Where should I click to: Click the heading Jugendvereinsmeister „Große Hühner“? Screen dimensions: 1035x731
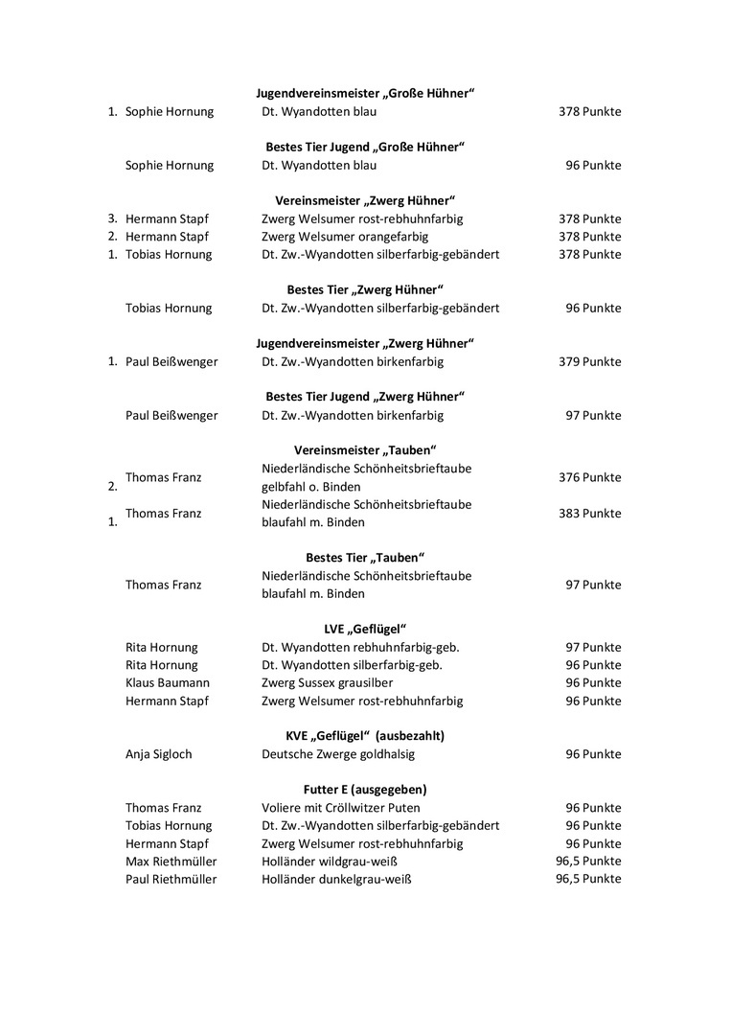pyautogui.click(x=365, y=93)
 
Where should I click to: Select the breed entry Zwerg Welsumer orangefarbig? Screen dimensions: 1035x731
pyautogui.click(x=345, y=237)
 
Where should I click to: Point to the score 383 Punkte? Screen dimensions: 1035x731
pyautogui.click(x=589, y=514)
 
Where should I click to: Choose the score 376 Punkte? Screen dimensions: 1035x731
pyautogui.click(x=589, y=477)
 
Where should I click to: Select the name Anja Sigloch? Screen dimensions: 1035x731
pyautogui.click(x=159, y=754)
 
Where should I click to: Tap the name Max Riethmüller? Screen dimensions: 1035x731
pyautogui.click(x=171, y=862)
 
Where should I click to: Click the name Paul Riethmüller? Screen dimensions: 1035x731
pyautogui.click(x=171, y=880)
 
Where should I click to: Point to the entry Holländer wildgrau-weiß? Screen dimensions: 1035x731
pyautogui.click(x=330, y=862)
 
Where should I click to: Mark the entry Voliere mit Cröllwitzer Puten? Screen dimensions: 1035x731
pyautogui.click(x=340, y=808)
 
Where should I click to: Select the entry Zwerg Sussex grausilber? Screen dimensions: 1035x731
pyautogui.click(x=335, y=683)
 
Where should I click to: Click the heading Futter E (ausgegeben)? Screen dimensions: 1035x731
pyautogui.click(x=365, y=790)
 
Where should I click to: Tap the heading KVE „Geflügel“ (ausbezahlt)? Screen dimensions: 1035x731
pyautogui.click(x=365, y=736)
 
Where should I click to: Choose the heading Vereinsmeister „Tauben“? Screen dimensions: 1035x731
pyautogui.click(x=365, y=449)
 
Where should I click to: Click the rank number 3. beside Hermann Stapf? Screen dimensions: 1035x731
pyautogui.click(x=112, y=218)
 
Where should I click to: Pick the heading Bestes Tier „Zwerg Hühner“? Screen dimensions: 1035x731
pyautogui.click(x=365, y=289)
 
